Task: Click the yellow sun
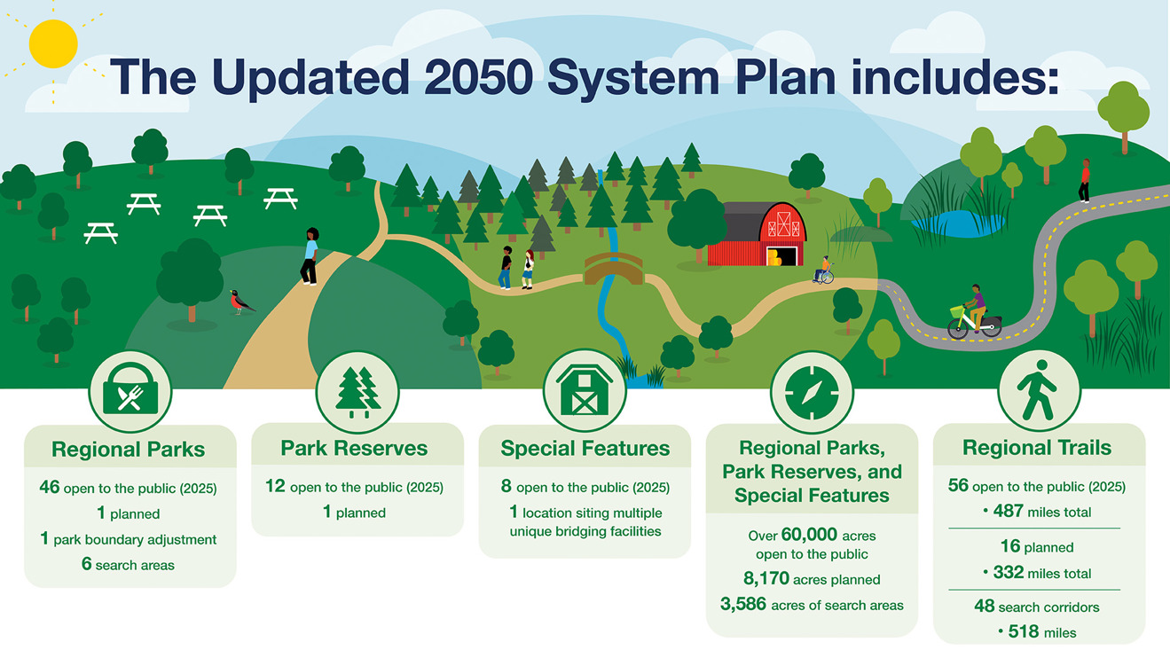click(x=53, y=43)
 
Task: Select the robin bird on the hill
click(x=241, y=302)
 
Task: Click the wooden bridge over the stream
click(x=613, y=269)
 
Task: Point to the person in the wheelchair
click(x=824, y=270)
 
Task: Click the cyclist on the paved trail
click(x=975, y=312)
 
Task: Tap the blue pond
click(x=959, y=223)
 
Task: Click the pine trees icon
click(x=357, y=392)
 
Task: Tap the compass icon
click(x=812, y=392)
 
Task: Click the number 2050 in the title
click(x=478, y=77)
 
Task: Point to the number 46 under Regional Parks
click(x=50, y=487)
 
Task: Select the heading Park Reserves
click(x=354, y=448)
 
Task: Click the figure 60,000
click(x=809, y=534)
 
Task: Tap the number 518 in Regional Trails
click(x=1024, y=631)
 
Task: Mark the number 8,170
click(x=766, y=578)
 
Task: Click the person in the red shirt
click(x=1085, y=181)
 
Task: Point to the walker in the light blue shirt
click(x=310, y=256)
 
